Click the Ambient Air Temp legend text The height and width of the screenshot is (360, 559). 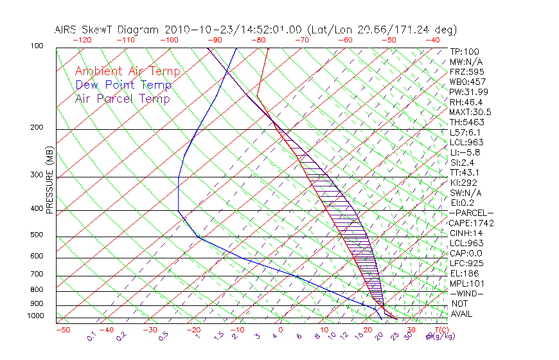[x=127, y=71]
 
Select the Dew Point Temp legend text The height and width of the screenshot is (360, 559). [x=123, y=85]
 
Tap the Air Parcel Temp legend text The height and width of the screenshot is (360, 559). [x=122, y=98]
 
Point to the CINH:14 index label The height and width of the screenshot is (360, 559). [x=465, y=233]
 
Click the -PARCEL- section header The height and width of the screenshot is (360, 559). [x=471, y=213]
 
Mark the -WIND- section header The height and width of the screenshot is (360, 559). [x=467, y=294]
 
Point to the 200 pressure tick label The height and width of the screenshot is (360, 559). [x=37, y=128]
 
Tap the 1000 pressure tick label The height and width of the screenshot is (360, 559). [x=35, y=316]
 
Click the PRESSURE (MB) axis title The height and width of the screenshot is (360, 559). [x=49, y=180]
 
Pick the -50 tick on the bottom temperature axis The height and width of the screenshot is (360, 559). [x=62, y=330]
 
